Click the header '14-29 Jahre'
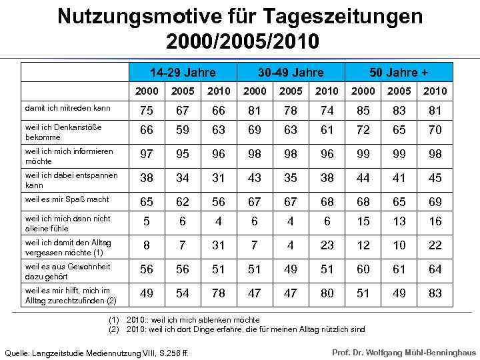[x=183, y=72]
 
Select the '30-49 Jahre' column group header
[x=291, y=72]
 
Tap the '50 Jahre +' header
[x=399, y=72]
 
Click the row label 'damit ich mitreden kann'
[x=67, y=107]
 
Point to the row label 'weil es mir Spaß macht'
[x=67, y=199]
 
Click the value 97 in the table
[x=147, y=154]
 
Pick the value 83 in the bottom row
[x=435, y=293]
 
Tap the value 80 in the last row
[x=327, y=293]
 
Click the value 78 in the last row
[x=219, y=293]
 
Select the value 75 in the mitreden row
[x=147, y=111]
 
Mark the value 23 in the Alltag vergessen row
[x=327, y=245]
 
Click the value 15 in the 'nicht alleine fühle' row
[x=363, y=221]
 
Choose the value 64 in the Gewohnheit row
[x=435, y=269]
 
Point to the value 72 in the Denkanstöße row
[x=363, y=130]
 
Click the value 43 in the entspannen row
[x=255, y=178]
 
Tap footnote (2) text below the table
[x=240, y=329]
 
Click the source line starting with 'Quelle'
[x=97, y=353]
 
